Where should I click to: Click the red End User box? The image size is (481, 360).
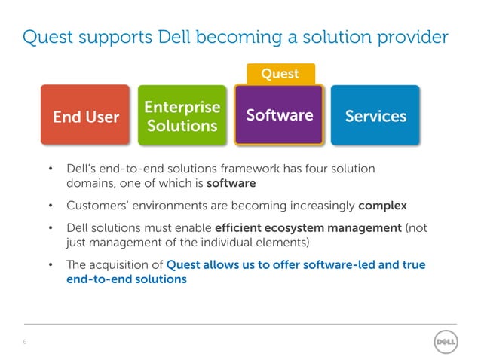[86, 116]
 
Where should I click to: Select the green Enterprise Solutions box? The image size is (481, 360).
[182, 116]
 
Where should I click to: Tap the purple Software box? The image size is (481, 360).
[280, 115]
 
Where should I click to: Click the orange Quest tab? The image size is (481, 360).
[280, 74]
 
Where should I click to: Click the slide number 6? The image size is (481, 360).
[25, 342]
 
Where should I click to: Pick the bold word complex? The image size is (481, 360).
[383, 205]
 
